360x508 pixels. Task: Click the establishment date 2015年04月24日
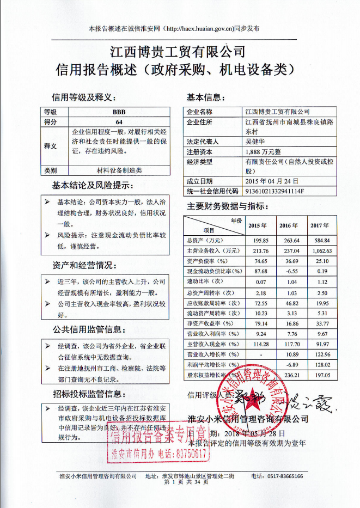point(272,181)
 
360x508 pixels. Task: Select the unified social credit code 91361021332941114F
point(275,191)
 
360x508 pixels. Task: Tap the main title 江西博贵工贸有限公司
point(178,52)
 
